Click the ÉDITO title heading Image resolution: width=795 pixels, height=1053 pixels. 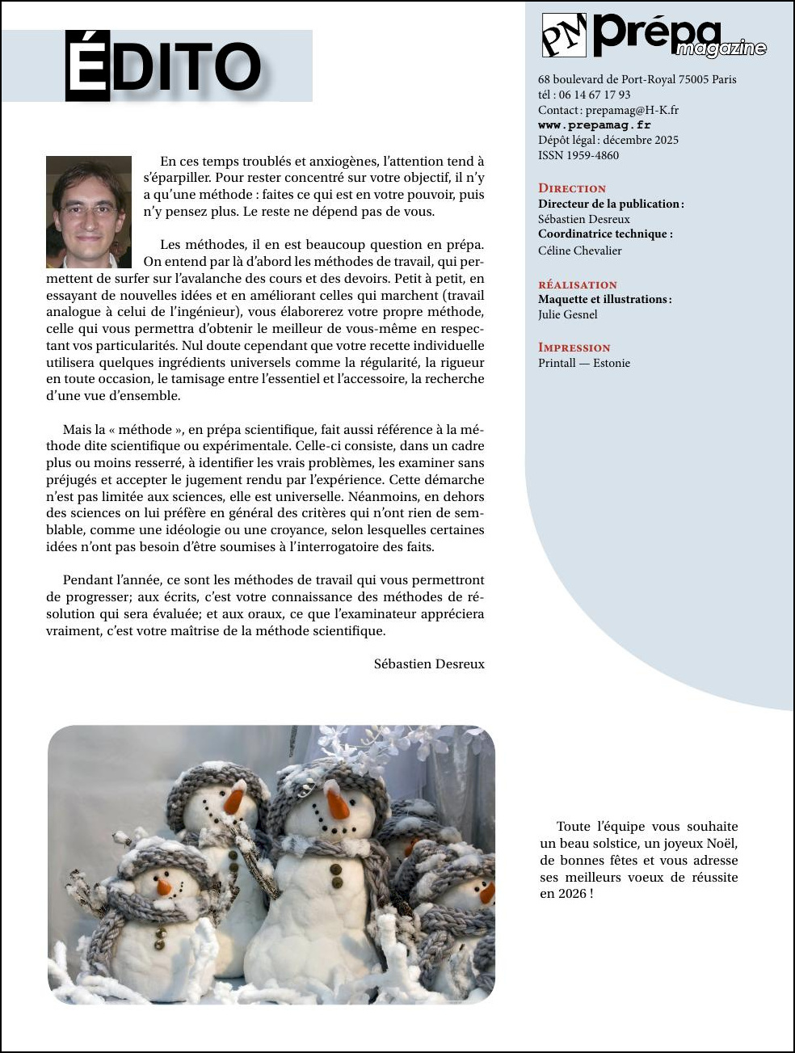164,66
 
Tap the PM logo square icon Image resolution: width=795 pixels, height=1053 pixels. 564,36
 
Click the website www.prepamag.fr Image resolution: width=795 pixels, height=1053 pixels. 594,125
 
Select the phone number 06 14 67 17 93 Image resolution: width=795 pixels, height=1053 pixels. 595,95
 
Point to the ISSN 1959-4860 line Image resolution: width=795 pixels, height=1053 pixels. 578,155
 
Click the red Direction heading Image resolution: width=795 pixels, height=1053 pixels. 572,188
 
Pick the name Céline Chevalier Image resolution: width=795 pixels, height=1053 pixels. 580,251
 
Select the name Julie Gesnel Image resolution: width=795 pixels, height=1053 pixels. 568,314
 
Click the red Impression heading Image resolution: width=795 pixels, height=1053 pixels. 574,347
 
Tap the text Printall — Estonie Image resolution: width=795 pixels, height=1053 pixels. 584,363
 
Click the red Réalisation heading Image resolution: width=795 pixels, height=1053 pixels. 578,284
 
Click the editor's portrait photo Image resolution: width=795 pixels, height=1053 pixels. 89,212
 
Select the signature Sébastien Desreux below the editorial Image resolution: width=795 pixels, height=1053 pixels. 429,664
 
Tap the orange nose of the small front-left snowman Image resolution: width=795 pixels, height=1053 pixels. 164,887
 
